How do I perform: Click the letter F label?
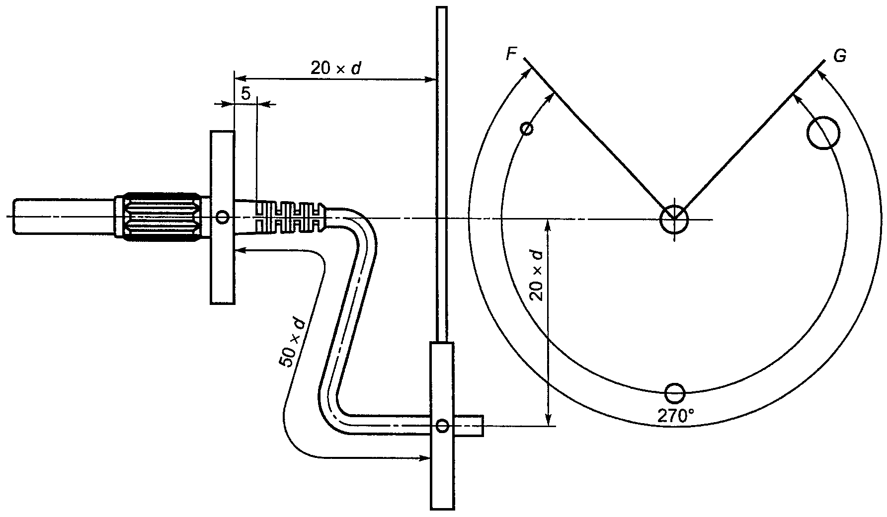pos(512,54)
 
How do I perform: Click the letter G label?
pos(839,56)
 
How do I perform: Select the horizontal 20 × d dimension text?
pos(336,68)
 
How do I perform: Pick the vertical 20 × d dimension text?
pos(537,275)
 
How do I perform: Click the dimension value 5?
pos(245,92)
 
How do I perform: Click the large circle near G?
pos(823,133)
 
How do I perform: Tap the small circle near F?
pos(527,129)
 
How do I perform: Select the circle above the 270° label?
pos(674,394)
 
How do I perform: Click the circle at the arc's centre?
pos(674,219)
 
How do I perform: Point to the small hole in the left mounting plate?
pos(223,217)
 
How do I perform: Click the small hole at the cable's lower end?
pos(442,425)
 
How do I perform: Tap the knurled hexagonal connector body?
pos(161,217)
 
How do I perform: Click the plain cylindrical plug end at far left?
pos(65,217)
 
